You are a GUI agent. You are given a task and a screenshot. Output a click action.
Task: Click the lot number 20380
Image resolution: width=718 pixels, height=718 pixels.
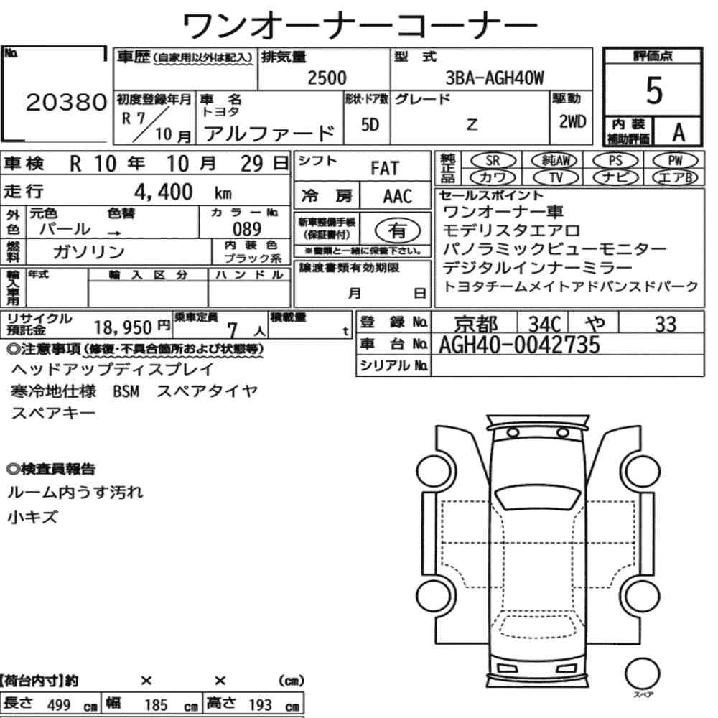(66, 102)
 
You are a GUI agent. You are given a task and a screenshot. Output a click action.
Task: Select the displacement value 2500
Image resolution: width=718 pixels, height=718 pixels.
(327, 78)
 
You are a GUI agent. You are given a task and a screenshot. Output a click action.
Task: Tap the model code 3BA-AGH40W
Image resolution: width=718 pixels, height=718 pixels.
(495, 78)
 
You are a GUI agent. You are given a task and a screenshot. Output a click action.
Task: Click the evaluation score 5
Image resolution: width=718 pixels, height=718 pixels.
(654, 90)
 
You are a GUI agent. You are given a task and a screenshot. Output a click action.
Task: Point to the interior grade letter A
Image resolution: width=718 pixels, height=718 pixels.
(679, 132)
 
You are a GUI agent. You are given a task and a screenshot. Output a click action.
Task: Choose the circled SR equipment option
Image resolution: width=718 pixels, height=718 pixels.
(493, 161)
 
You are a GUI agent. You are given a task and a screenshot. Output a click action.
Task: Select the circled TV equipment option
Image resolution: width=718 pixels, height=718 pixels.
(556, 177)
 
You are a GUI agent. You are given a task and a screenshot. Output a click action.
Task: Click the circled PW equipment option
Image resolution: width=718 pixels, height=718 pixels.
(676, 161)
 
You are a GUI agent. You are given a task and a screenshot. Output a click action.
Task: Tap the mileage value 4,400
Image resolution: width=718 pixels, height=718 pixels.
(163, 192)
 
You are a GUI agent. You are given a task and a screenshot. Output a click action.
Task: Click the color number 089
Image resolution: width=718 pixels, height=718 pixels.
(247, 229)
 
